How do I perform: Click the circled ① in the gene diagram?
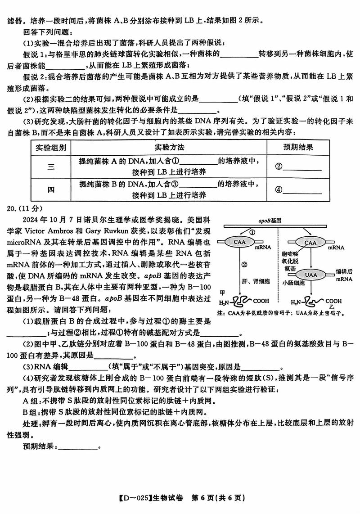click(x=252, y=232)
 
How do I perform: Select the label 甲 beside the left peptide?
click(x=221, y=292)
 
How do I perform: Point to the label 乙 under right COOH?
click(x=332, y=306)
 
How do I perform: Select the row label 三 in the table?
click(x=51, y=167)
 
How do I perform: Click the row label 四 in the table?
click(x=51, y=189)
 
